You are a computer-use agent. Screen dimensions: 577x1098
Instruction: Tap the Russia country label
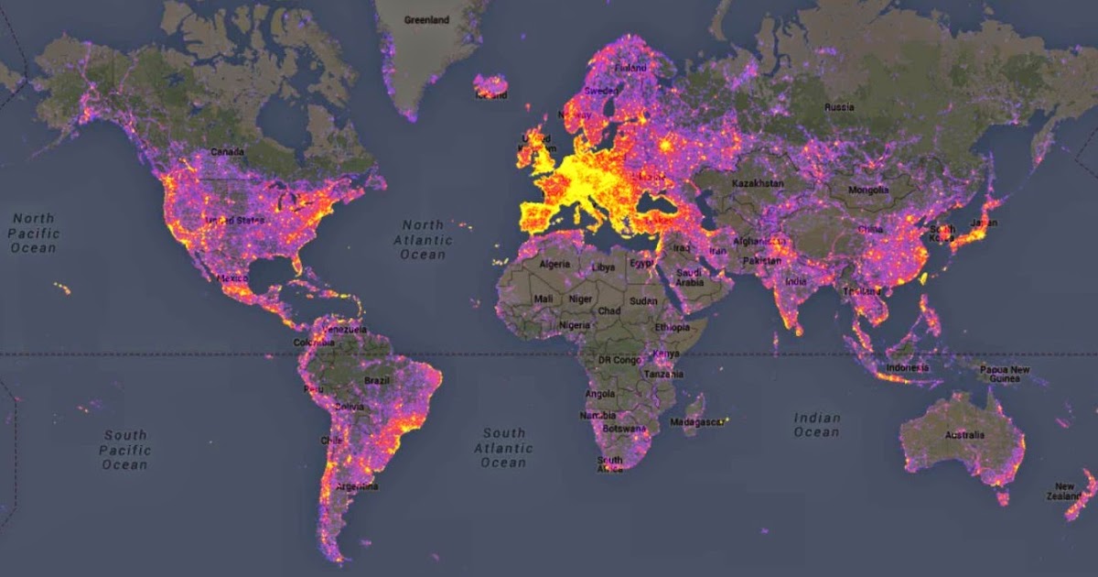click(x=839, y=107)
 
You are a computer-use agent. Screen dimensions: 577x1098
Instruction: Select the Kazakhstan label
click(x=759, y=183)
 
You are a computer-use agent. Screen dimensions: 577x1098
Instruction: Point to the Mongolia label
click(x=868, y=191)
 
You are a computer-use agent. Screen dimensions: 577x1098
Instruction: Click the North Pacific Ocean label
click(x=34, y=234)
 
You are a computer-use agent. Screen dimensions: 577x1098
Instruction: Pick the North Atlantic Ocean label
click(x=423, y=239)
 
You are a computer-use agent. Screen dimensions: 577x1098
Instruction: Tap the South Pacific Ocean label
click(x=124, y=450)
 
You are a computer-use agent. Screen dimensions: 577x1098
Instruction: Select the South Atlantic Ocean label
click(x=503, y=448)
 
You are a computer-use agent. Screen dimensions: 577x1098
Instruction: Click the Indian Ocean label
click(x=817, y=425)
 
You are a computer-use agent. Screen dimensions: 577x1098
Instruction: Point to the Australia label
click(x=964, y=434)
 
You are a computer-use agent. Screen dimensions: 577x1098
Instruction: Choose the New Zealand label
click(x=1064, y=492)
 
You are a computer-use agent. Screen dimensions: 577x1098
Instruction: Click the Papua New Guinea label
click(x=1005, y=375)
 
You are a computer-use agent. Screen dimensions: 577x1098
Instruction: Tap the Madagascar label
click(x=697, y=422)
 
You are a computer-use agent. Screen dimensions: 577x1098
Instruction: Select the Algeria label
click(x=554, y=264)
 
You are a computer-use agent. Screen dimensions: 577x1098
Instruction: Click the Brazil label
click(x=377, y=380)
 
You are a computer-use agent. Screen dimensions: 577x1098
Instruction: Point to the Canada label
click(x=227, y=151)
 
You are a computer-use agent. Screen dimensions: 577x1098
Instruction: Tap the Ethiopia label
click(x=673, y=327)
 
